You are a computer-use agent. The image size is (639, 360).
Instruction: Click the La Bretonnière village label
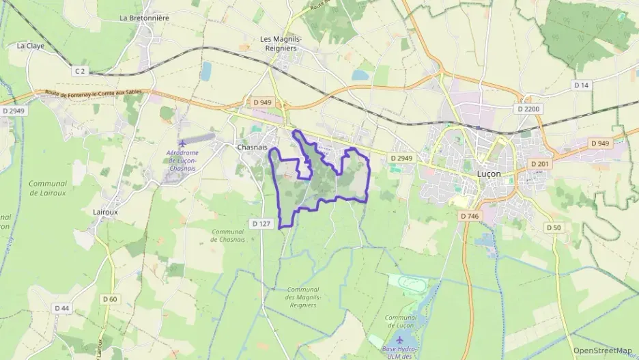click(x=143, y=18)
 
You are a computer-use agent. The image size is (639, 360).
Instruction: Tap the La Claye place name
click(x=31, y=46)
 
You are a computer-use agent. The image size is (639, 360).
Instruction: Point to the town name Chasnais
click(x=252, y=147)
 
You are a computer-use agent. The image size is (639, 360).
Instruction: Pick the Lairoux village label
click(x=105, y=212)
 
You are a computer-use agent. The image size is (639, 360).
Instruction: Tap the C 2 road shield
click(x=81, y=70)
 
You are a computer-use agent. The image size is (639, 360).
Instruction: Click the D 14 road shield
click(x=581, y=85)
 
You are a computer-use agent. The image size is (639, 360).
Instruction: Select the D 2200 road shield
click(x=528, y=109)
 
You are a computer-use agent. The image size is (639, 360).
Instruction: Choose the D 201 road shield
click(x=541, y=164)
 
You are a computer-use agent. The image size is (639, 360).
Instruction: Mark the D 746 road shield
click(x=470, y=216)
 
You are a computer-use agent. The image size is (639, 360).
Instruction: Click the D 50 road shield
click(x=553, y=227)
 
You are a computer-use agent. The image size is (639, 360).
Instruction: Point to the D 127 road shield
click(x=261, y=223)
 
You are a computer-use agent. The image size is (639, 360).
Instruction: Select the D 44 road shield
click(x=61, y=308)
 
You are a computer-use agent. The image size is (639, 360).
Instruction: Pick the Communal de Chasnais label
click(x=228, y=236)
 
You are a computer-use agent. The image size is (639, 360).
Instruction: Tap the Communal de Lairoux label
click(x=48, y=188)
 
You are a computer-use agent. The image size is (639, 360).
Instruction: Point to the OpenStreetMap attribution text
click(x=602, y=350)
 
